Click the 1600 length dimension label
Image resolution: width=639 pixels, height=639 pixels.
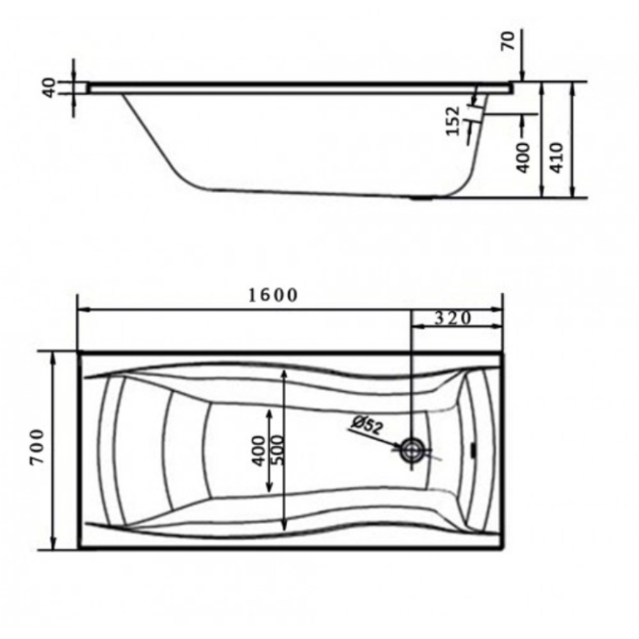tap(273, 295)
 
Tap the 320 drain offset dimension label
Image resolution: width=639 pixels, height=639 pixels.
tap(453, 318)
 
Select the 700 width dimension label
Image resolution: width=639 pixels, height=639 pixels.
tap(37, 447)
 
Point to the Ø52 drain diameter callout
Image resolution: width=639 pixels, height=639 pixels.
tap(367, 425)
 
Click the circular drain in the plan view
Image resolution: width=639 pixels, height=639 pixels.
tap(413, 450)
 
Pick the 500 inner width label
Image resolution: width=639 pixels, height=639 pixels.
tap(277, 450)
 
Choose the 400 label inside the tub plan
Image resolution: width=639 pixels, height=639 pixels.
tap(258, 450)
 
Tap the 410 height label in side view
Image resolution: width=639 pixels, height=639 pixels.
tap(556, 158)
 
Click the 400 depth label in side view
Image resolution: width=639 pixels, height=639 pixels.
tap(523, 158)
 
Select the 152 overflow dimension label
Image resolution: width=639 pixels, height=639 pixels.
tap(453, 121)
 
